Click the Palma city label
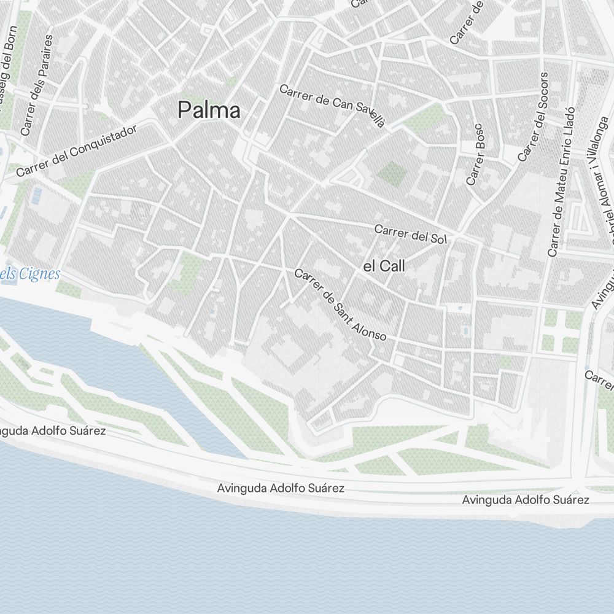(209, 111)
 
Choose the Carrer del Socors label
(532, 117)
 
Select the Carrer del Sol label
(410, 234)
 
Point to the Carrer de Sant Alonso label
(340, 305)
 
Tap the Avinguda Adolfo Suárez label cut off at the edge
(52, 431)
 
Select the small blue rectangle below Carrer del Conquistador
(37, 196)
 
